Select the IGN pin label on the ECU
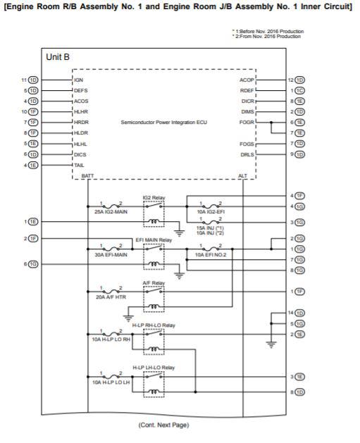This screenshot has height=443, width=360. click(79, 80)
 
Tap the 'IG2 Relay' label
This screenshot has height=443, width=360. click(154, 197)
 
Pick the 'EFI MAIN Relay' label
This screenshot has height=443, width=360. click(154, 239)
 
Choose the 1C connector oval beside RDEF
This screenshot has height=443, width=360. click(300, 90)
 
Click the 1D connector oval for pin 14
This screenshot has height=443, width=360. click(300, 313)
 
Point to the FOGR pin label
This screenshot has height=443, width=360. click(247, 122)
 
